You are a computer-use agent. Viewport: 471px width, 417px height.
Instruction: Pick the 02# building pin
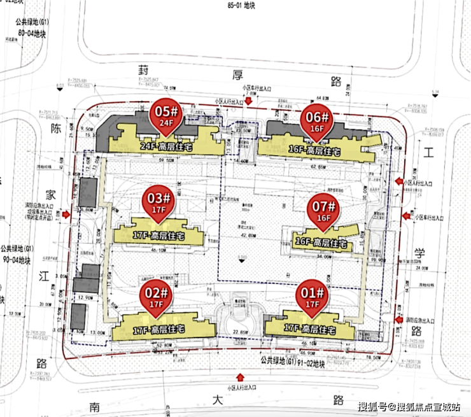click(x=156, y=297)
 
